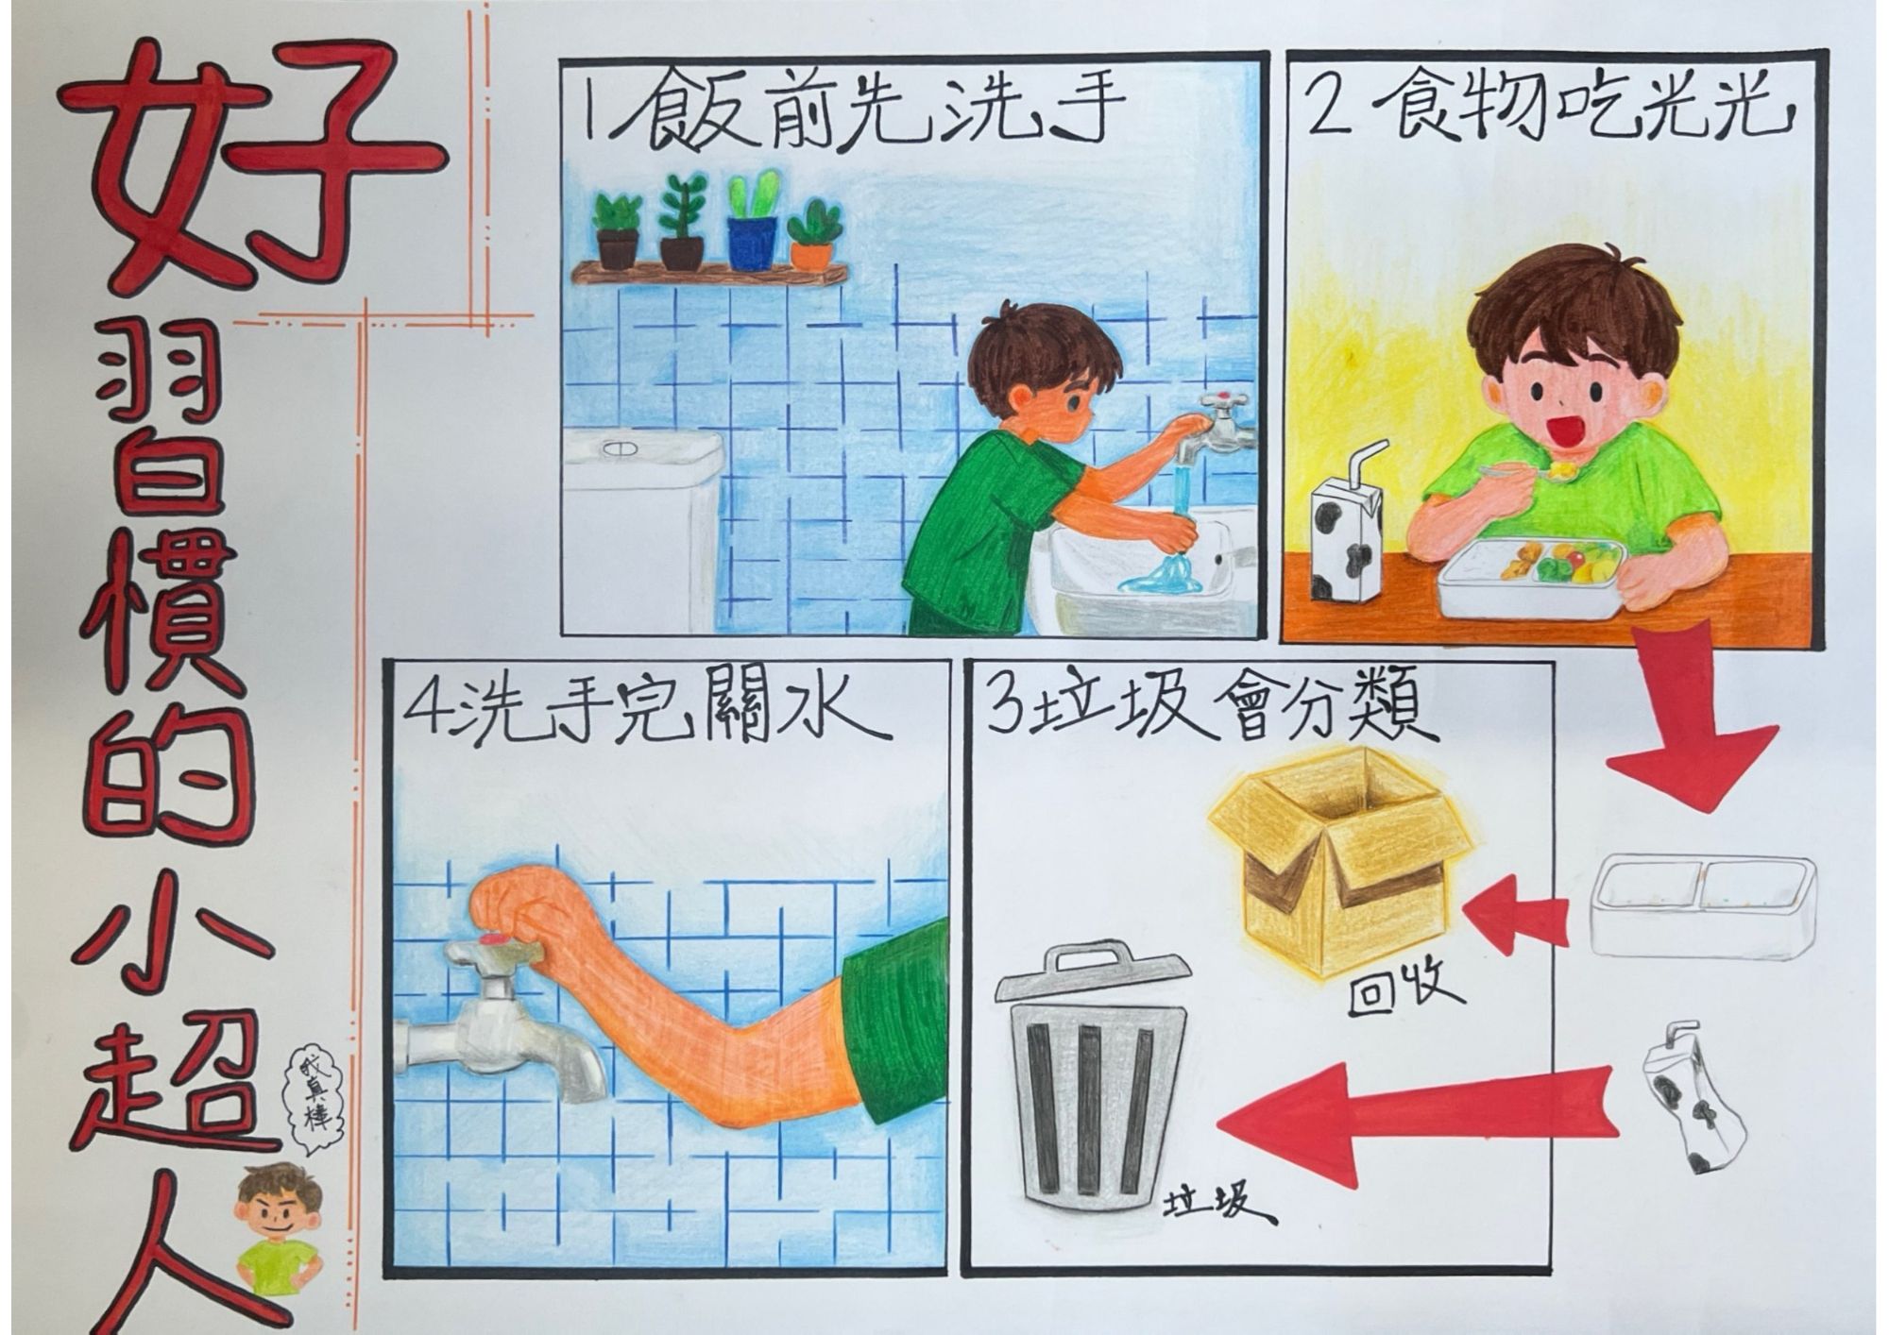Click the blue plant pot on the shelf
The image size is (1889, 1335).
[752, 243]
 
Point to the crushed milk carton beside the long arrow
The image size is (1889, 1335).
[1686, 1101]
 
